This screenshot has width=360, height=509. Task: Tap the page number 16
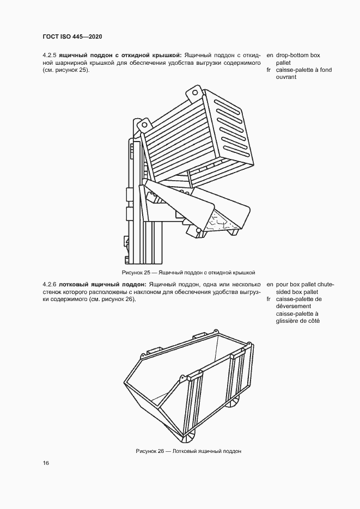(46, 463)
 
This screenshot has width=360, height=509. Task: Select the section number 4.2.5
(50, 55)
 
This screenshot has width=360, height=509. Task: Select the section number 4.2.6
(50, 284)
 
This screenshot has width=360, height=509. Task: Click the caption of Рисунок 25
(189, 272)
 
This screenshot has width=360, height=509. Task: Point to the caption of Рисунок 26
(188, 451)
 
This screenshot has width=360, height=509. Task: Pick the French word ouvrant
(286, 78)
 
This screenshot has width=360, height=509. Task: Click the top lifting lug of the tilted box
(194, 93)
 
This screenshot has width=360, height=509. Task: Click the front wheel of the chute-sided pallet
(189, 436)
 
